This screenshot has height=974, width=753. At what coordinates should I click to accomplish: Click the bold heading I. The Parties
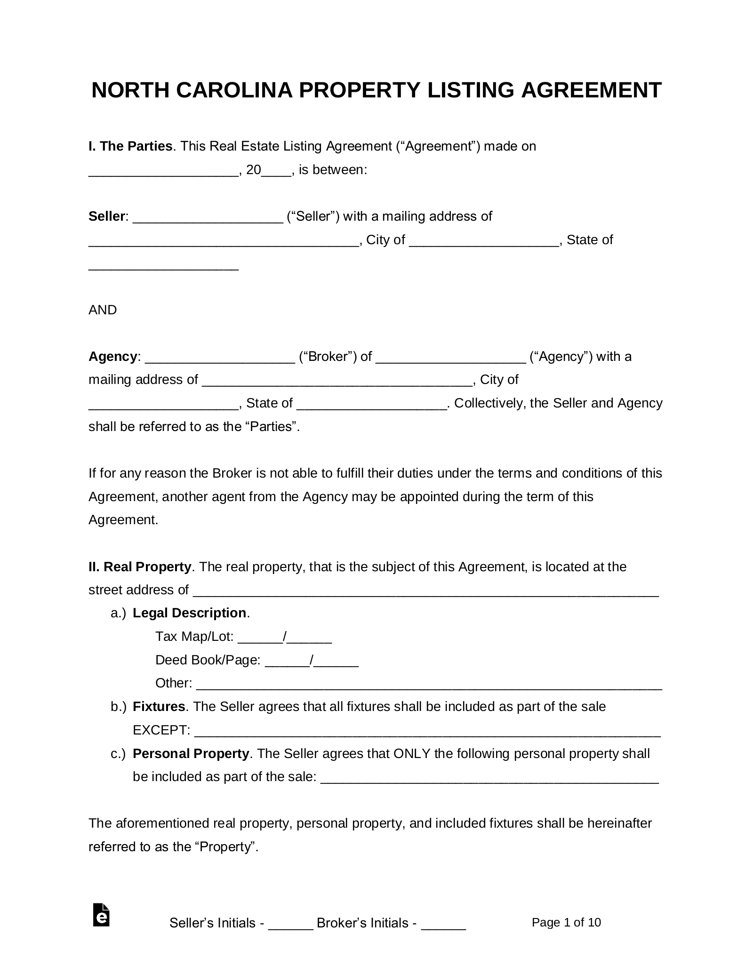(130, 146)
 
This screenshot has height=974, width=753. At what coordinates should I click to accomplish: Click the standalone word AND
(103, 310)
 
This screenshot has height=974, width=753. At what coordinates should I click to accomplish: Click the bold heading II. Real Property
(140, 567)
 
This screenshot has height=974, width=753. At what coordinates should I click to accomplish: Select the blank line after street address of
(426, 591)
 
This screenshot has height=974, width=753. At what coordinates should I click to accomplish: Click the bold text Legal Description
(190, 613)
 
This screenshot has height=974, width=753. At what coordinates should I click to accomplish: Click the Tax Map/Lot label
(194, 637)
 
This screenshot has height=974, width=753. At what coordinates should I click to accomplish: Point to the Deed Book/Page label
(208, 660)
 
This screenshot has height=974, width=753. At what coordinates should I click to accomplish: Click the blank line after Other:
(429, 684)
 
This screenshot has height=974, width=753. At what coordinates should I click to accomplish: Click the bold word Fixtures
(159, 707)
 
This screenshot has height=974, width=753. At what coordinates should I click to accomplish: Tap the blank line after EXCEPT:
(427, 731)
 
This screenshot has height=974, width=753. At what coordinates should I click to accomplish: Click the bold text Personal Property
(191, 754)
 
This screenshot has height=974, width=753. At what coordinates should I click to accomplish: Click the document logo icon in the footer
(101, 915)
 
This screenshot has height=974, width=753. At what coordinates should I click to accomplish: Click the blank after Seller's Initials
(290, 924)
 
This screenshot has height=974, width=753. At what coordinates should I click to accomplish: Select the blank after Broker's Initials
(443, 924)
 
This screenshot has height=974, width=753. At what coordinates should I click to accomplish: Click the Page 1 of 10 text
(566, 922)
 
